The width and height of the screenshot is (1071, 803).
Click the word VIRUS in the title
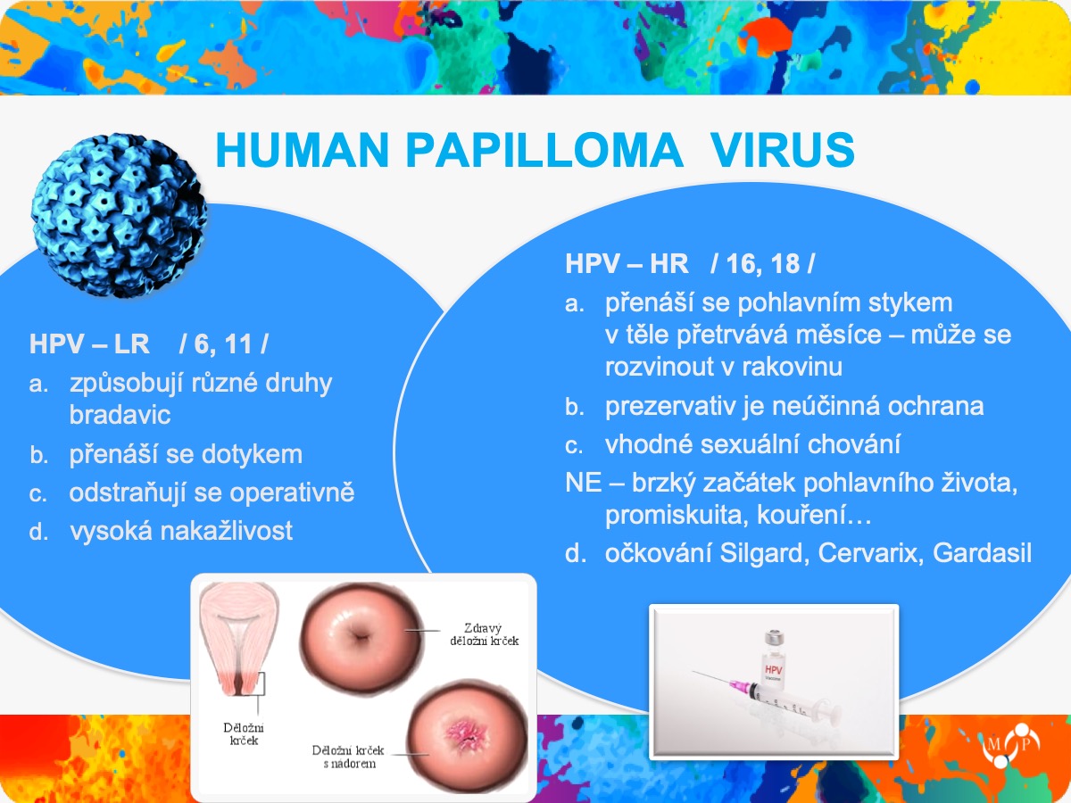click(x=782, y=150)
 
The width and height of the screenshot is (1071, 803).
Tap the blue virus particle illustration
click(x=118, y=215)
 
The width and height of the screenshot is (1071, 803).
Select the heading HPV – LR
click(x=89, y=344)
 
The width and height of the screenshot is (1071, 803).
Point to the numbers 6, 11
click(x=223, y=344)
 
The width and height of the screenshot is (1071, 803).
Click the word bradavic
click(x=120, y=415)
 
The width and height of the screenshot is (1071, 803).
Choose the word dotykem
click(x=252, y=454)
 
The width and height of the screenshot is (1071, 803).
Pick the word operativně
click(x=292, y=493)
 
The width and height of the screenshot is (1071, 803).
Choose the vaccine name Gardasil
click(x=983, y=553)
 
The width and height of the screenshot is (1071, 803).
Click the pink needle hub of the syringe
click(x=739, y=686)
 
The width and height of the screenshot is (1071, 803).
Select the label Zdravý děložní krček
click(x=484, y=634)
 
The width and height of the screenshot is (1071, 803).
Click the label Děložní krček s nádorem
click(x=348, y=757)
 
